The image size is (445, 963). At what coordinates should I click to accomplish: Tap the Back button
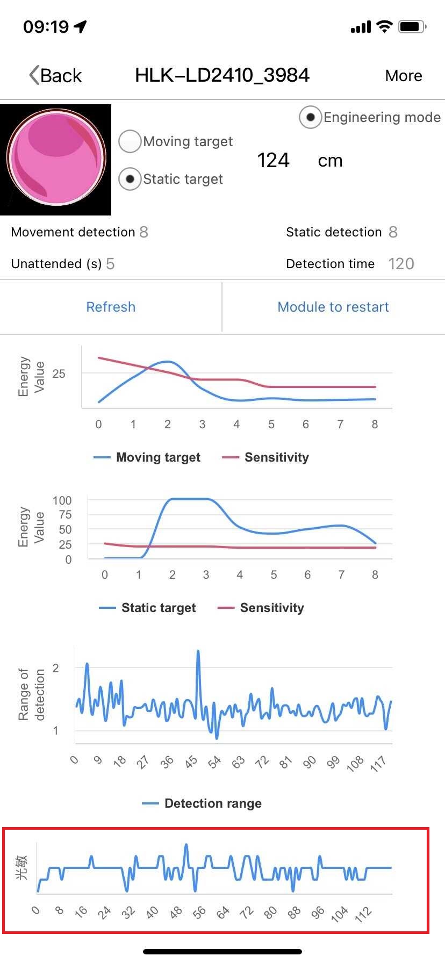(x=56, y=76)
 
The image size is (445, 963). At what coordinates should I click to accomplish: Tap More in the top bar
(x=404, y=76)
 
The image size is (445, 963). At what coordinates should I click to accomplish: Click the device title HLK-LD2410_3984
(x=222, y=75)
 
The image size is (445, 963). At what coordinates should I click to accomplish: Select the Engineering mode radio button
(x=310, y=117)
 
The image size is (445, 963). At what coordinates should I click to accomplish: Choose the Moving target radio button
(x=130, y=141)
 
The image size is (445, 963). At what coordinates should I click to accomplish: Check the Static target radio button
(x=130, y=179)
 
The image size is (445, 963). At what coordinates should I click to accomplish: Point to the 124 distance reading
(x=273, y=160)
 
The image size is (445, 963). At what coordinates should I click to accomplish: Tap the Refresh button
(x=111, y=307)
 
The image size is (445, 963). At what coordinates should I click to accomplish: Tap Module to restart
(x=333, y=307)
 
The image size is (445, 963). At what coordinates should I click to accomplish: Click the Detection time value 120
(x=401, y=264)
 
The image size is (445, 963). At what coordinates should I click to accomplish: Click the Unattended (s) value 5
(x=110, y=264)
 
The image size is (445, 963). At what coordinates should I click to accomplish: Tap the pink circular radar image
(x=55, y=159)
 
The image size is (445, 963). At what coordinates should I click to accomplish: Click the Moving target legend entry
(x=147, y=457)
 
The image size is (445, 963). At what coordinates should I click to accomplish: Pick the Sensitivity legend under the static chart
(x=261, y=608)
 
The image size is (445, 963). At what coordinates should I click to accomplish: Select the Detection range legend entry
(x=203, y=803)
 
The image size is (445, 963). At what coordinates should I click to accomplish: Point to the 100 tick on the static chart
(x=62, y=500)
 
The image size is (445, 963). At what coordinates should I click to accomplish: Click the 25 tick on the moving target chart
(x=59, y=373)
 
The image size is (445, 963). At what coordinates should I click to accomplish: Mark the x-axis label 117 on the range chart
(x=378, y=763)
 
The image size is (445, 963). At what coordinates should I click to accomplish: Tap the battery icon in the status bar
(x=412, y=26)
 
